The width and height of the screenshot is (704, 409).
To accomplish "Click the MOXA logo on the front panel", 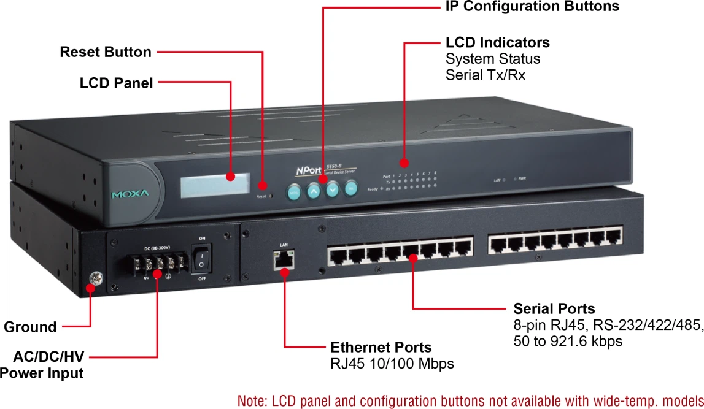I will click(130, 194).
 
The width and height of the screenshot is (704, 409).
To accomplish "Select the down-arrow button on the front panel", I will click(332, 190).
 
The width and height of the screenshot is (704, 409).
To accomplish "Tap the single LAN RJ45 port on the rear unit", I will click(284, 260).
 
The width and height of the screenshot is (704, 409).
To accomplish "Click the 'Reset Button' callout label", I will click(106, 52).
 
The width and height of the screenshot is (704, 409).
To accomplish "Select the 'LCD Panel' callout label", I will click(116, 83).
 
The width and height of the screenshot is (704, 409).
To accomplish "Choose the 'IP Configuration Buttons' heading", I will click(532, 7).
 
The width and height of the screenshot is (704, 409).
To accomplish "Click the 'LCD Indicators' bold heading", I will click(497, 42).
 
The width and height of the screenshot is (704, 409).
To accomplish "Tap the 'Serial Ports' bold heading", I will click(554, 308).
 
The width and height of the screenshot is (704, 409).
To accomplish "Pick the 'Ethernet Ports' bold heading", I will click(381, 347).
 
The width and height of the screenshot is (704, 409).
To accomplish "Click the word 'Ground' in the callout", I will click(30, 327).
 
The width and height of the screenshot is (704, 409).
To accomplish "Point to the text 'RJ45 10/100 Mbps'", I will click(392, 364).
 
